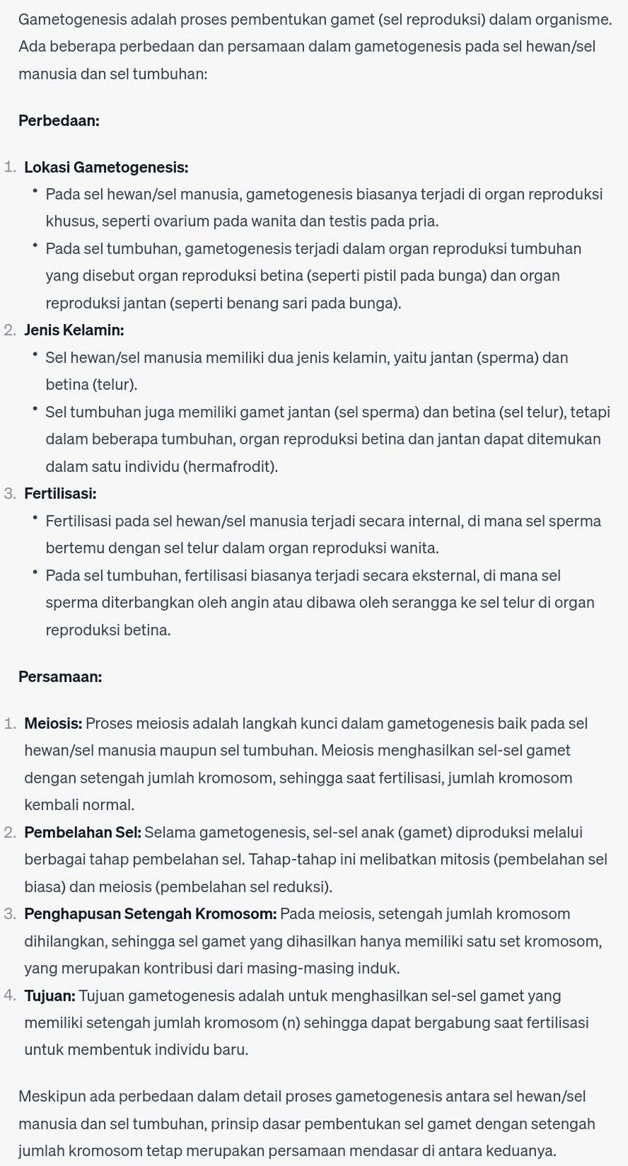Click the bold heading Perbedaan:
59,120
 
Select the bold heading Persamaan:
60,676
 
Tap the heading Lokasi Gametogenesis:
106,168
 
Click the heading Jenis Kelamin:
74,330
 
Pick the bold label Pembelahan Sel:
83,832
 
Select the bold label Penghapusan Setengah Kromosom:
150,913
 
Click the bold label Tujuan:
50,995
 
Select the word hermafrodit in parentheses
231,466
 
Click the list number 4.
9,995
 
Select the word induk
382,968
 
